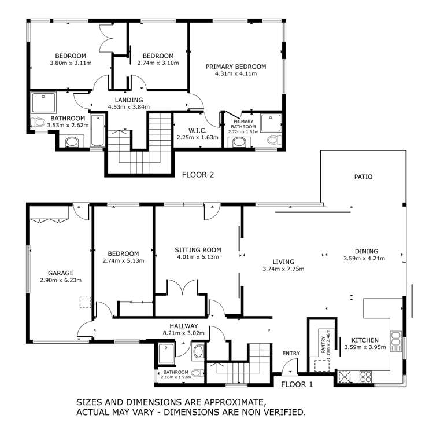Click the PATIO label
pyautogui.click(x=364, y=177)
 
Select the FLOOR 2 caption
pyautogui.click(x=198, y=174)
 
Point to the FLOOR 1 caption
pyautogui.click(x=297, y=383)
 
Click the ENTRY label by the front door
pyautogui.click(x=291, y=353)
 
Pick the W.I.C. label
pyautogui.click(x=197, y=130)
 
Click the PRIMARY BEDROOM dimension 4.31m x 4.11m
pyautogui.click(x=236, y=75)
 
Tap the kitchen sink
pyautogui.click(x=396, y=341)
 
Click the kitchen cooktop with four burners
pyautogui.click(x=365, y=376)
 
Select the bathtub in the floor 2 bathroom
pyautogui.click(x=97, y=131)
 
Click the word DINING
pyautogui.click(x=367, y=251)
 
